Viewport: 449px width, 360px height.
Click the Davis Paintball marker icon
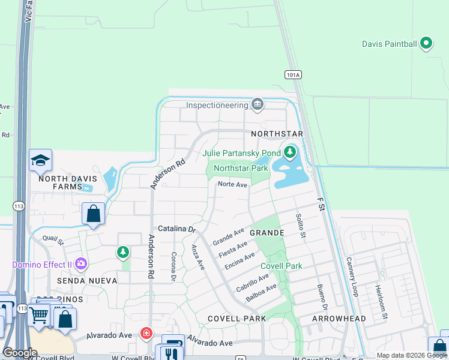[x=426, y=43]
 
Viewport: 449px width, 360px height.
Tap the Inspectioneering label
[x=217, y=105]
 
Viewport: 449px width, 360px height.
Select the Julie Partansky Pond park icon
[x=291, y=152]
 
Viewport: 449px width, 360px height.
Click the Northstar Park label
[x=241, y=168]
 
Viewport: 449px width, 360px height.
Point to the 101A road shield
[x=292, y=74]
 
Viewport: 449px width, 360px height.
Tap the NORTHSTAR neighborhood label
[x=277, y=133]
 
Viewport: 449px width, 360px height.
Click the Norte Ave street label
[x=232, y=185]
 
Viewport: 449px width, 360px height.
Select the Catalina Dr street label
[x=177, y=229]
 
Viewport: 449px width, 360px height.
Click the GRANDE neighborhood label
[x=267, y=232]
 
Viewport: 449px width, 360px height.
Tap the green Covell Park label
[x=281, y=266]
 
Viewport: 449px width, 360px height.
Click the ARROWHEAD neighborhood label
[x=339, y=319]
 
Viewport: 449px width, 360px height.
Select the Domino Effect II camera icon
[x=81, y=264]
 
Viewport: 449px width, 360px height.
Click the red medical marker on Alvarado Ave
[x=146, y=333]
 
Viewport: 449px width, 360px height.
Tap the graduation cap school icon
[x=41, y=160]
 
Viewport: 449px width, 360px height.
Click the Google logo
[x=20, y=353]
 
